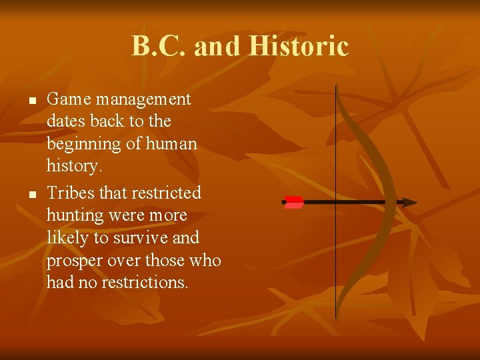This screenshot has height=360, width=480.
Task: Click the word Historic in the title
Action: coord(298,47)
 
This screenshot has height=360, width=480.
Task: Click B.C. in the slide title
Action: coord(153,47)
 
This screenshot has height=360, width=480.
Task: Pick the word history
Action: coord(73,166)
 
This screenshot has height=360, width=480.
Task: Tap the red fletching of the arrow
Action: coord(293,202)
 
